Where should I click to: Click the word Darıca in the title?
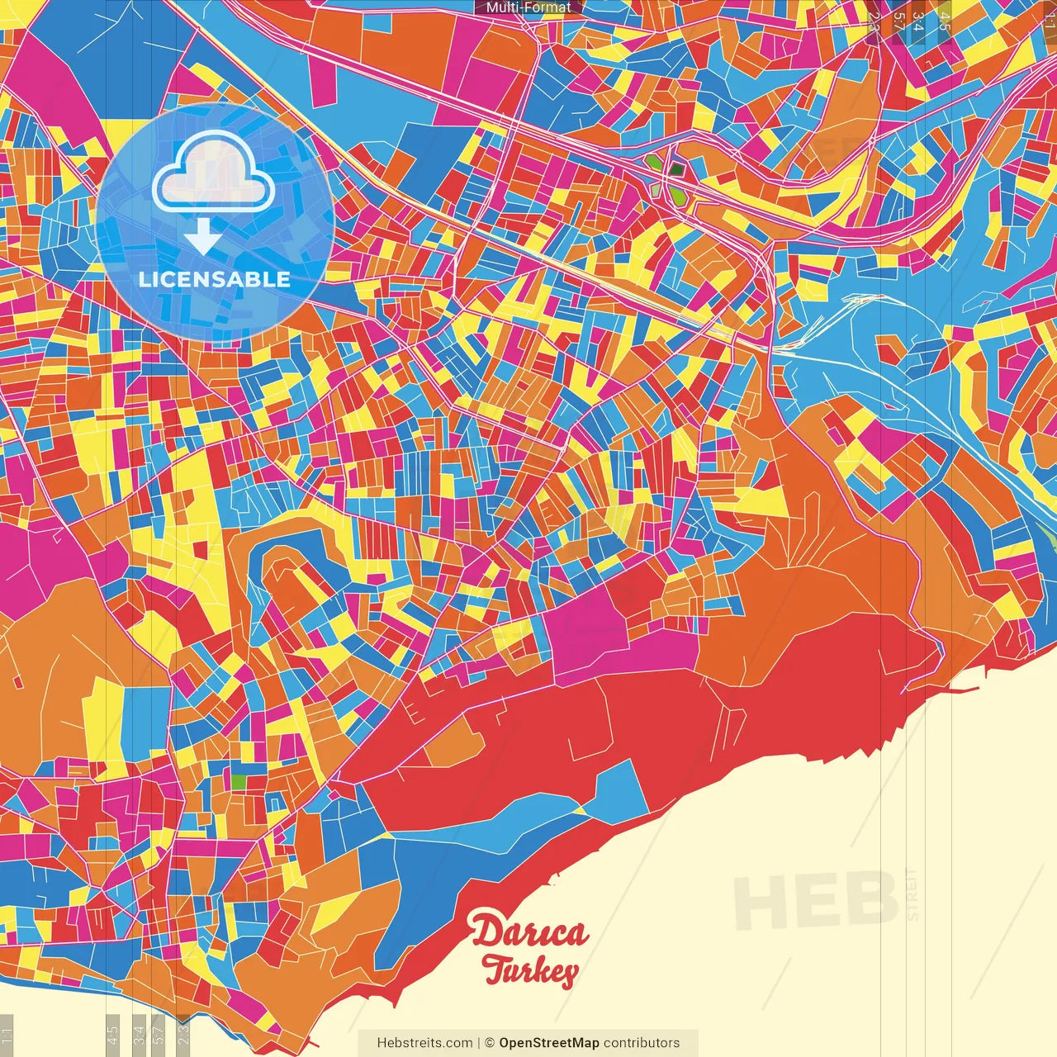(529, 932)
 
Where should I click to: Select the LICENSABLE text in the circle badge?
(215, 279)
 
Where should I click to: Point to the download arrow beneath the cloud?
(202, 236)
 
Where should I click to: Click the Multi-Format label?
(528, 7)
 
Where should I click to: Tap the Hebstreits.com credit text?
(424, 1043)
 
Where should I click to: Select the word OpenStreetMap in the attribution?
(548, 1043)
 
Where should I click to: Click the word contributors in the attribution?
(642, 1043)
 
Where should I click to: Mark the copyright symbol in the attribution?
(489, 1043)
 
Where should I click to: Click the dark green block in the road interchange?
(676, 169)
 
